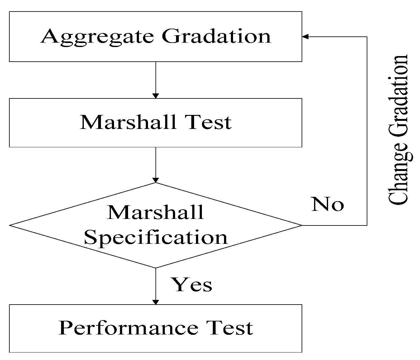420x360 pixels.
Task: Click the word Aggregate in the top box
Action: tap(97, 37)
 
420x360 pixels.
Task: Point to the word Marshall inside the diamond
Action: tap(155, 212)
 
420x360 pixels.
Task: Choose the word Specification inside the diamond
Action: tap(156, 237)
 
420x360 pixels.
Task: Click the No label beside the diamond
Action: tap(327, 205)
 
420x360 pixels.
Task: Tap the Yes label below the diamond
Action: tap(192, 285)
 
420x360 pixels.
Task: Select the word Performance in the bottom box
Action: tap(128, 328)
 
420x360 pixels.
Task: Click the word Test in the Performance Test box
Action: tap(230, 328)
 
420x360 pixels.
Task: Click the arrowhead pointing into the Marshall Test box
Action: tap(155, 96)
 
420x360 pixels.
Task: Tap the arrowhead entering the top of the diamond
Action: tap(155, 180)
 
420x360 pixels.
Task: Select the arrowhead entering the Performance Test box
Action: tap(155, 302)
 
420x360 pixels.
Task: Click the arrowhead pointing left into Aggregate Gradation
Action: tap(305, 37)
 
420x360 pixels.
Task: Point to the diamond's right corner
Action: tap(301, 225)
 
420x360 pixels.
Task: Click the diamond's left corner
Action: tap(10, 225)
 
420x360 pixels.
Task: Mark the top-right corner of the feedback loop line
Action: tap(367, 37)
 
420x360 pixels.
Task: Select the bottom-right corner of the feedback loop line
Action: tap(367, 225)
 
